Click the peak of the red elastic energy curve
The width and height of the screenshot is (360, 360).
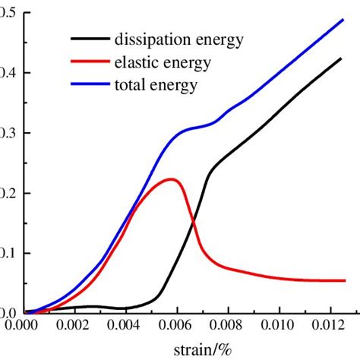[x=172, y=179]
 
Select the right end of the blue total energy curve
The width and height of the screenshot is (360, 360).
[x=342, y=20]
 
